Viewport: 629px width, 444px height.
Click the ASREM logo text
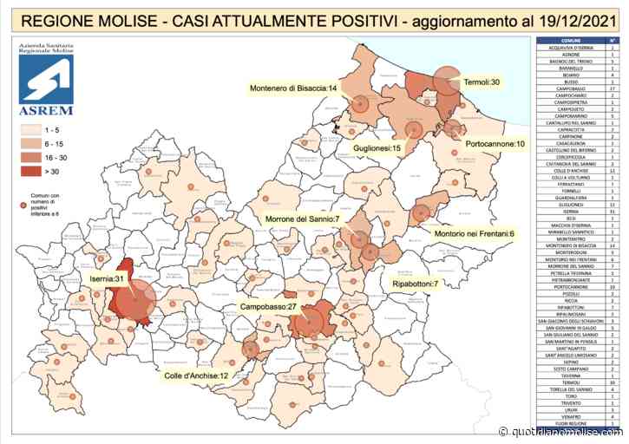click(x=46, y=111)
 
